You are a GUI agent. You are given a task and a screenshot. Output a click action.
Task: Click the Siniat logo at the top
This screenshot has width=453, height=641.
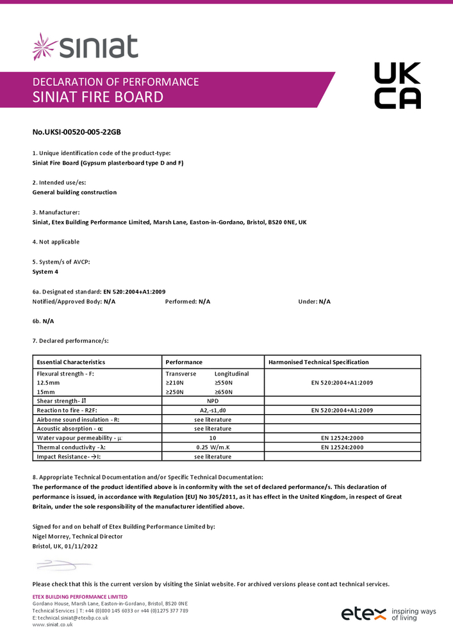(85, 47)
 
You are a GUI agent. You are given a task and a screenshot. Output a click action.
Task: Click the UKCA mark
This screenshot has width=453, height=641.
(397, 85)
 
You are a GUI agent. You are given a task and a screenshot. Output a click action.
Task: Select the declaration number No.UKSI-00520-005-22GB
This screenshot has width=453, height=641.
(76, 132)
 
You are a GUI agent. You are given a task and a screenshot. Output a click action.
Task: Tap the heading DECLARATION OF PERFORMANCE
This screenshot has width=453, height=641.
(115, 82)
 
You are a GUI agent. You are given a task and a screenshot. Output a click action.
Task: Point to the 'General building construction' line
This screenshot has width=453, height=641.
(74, 192)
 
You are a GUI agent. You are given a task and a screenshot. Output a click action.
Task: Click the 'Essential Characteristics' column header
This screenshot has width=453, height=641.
(71, 362)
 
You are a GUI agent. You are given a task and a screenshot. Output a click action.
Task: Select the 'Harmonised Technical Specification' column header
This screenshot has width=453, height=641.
(318, 362)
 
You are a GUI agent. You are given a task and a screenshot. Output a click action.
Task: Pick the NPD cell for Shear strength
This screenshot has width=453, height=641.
(213, 401)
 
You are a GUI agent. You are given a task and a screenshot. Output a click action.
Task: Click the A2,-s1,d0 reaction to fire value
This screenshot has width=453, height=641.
(213, 410)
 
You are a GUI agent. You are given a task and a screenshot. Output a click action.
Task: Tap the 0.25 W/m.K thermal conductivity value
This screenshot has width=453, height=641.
(213, 447)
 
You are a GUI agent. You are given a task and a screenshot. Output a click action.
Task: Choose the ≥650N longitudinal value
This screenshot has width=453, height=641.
(224, 392)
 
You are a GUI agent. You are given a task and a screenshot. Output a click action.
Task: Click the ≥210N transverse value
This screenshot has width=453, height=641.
(175, 383)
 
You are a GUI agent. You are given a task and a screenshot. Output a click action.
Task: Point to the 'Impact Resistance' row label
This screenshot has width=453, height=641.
(69, 457)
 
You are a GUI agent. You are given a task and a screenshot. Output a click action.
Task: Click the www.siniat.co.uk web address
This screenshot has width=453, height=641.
(53, 624)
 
